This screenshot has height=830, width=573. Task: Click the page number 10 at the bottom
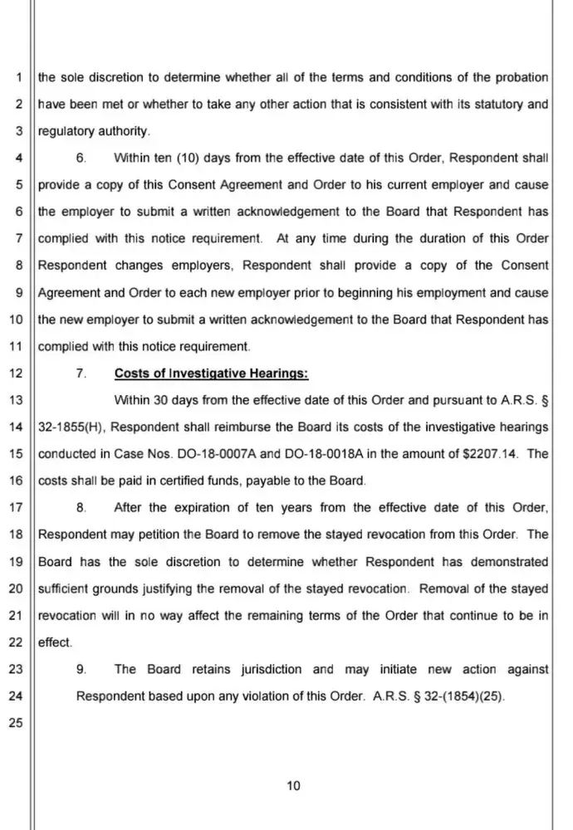[x=292, y=787]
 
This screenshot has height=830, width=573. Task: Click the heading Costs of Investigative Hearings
[x=211, y=373]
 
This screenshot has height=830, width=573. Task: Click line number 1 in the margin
[x=18, y=78]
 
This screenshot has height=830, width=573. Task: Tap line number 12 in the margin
[x=16, y=373]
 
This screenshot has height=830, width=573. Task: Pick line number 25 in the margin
[x=16, y=723]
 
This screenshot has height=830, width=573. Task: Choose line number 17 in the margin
[x=16, y=508]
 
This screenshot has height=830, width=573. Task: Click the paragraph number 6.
[x=81, y=159]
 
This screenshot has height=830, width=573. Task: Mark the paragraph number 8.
[x=81, y=508]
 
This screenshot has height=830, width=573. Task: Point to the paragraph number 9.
[x=81, y=669]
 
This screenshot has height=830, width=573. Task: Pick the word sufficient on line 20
[x=66, y=588]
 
